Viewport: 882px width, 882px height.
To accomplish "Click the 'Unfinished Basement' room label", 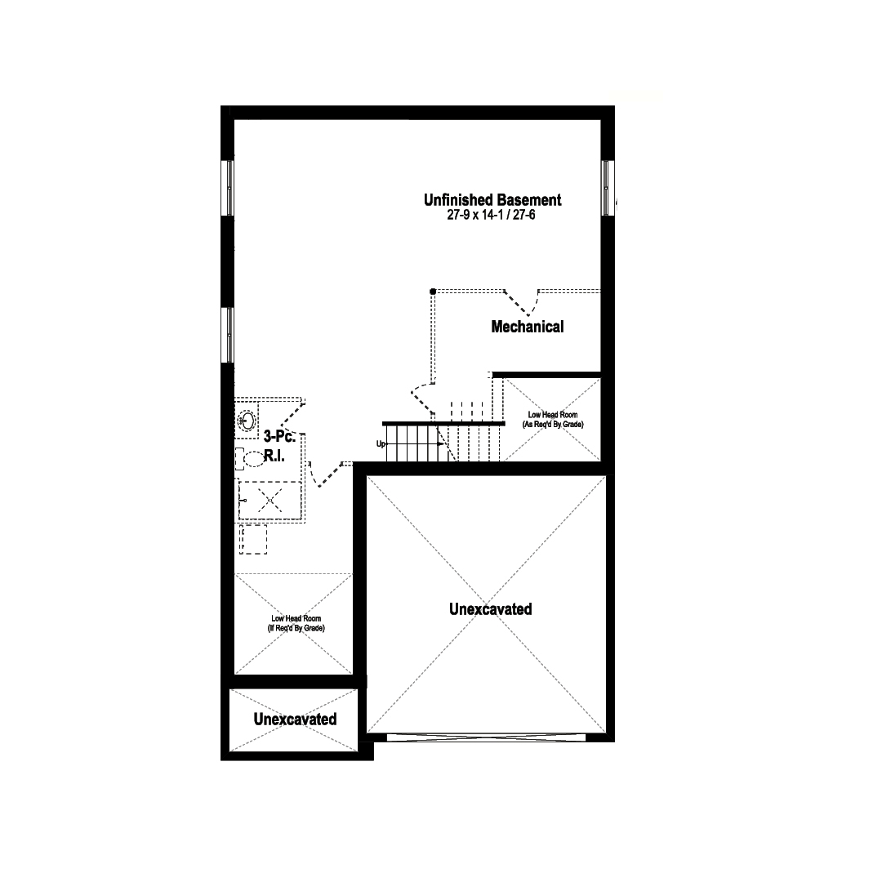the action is pos(492,200).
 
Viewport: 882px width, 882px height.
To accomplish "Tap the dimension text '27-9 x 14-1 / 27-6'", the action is pos(491,215).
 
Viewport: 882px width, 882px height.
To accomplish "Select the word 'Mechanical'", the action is pos(527,327).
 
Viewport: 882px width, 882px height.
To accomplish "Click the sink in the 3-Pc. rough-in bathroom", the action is pos(247,421).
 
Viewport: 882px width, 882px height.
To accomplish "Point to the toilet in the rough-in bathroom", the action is pos(251,458).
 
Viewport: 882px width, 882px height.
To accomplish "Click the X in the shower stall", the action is pos(270,500).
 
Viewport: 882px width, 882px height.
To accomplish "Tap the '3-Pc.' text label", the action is pos(279,436).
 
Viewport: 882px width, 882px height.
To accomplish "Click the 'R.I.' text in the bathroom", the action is pos(274,456).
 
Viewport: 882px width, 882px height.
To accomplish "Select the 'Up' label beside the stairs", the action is pos(381,443).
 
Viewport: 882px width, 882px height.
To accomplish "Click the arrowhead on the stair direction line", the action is pos(440,443).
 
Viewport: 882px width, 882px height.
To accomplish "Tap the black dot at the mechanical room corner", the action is pos(433,292).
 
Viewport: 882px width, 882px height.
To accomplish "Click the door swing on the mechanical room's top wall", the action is pos(521,304).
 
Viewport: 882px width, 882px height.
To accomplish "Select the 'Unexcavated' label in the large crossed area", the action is pos(491,609).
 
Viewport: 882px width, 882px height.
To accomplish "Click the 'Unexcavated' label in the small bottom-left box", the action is pos(295,719).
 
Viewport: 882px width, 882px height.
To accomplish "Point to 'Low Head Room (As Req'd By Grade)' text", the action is pos(552,420).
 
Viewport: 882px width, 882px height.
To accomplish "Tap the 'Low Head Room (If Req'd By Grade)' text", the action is pos(296,623).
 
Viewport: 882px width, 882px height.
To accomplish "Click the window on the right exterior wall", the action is pos(606,188).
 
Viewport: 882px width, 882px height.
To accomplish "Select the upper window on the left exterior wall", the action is pos(229,188).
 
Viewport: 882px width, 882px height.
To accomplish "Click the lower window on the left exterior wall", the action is pos(229,335).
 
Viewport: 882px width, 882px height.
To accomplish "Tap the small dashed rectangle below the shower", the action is pos(253,540).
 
